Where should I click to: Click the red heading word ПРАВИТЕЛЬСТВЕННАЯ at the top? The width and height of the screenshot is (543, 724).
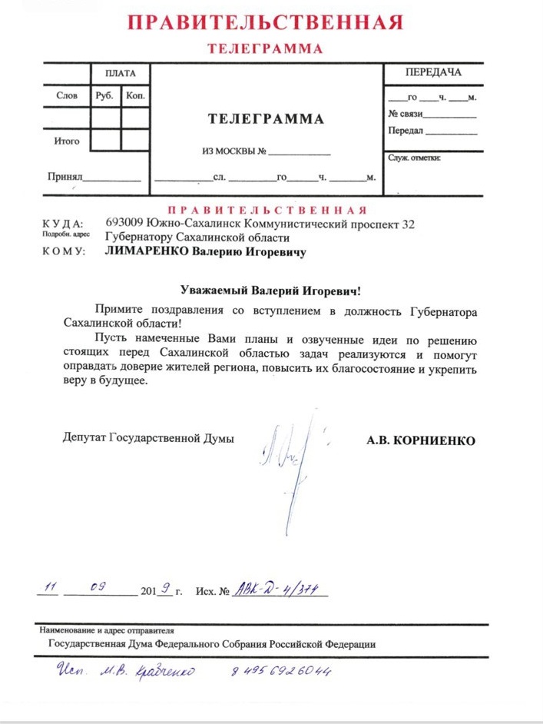click(x=265, y=22)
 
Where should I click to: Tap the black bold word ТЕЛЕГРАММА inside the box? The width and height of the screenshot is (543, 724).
click(x=266, y=119)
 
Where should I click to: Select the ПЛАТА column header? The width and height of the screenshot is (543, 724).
click(x=120, y=74)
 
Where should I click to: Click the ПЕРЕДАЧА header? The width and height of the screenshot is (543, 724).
click(x=433, y=73)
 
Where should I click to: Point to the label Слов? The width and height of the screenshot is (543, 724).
click(x=67, y=97)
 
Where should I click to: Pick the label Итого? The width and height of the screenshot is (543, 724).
click(x=67, y=141)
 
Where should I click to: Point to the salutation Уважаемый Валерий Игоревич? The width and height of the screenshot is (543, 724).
click(x=270, y=291)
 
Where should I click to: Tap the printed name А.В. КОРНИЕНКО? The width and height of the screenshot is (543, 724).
click(x=422, y=440)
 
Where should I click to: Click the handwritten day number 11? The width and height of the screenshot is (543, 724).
click(x=51, y=588)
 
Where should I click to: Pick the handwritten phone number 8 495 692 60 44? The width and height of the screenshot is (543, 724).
click(x=280, y=672)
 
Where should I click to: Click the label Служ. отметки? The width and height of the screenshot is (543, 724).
click(x=413, y=158)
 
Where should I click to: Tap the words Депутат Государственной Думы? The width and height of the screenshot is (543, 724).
click(x=148, y=438)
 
